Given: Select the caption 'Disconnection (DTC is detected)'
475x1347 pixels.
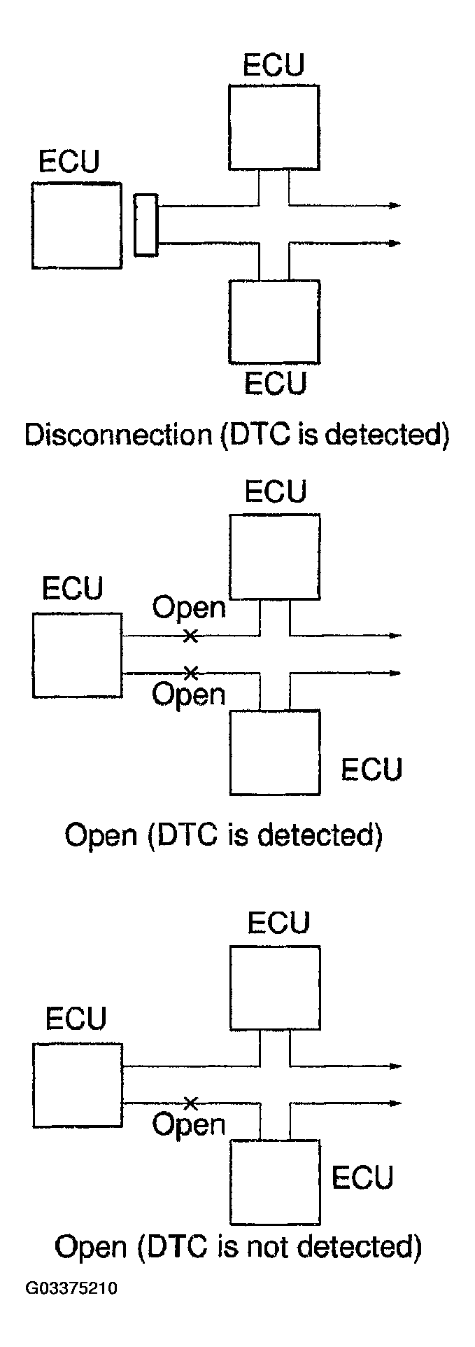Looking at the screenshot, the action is point(236,435).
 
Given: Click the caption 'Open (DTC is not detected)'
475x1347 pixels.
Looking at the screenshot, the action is point(238,1247).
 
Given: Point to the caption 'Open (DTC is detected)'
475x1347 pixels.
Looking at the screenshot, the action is point(223,836).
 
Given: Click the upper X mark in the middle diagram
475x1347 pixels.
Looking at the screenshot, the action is point(189,636).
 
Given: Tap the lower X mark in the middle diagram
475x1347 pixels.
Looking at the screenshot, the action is point(189,673).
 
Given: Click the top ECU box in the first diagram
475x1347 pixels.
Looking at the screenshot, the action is point(274,127).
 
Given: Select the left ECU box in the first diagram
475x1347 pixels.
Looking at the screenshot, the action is point(76,225).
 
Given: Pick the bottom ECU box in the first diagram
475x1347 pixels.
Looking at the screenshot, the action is point(274,321).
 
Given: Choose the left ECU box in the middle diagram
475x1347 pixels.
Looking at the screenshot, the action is point(77,655).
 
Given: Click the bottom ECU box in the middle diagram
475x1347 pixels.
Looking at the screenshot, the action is point(275,753).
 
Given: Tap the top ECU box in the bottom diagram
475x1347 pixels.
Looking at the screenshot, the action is point(275,988).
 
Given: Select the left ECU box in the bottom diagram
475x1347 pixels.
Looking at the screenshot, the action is point(78,1086).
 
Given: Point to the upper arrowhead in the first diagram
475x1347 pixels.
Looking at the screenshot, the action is point(395,205).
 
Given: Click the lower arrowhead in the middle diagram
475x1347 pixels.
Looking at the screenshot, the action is point(395,673).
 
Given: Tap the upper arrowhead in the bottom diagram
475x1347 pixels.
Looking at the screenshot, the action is point(396,1066).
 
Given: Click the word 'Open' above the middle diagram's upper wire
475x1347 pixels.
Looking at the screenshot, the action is point(190,608).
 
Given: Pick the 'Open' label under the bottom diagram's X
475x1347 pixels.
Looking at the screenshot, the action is point(189,1126).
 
